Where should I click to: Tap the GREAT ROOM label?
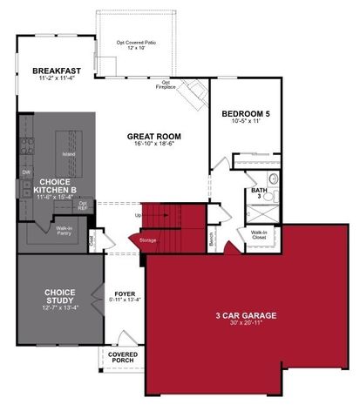153,136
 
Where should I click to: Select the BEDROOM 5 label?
244,113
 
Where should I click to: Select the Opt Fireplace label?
166,84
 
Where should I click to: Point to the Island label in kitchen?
69,153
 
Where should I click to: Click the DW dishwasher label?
25,172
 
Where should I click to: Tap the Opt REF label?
83,206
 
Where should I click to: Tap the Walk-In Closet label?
259,233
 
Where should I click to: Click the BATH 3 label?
259,193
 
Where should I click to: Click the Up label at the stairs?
138,215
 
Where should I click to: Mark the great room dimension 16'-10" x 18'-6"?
153,145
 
